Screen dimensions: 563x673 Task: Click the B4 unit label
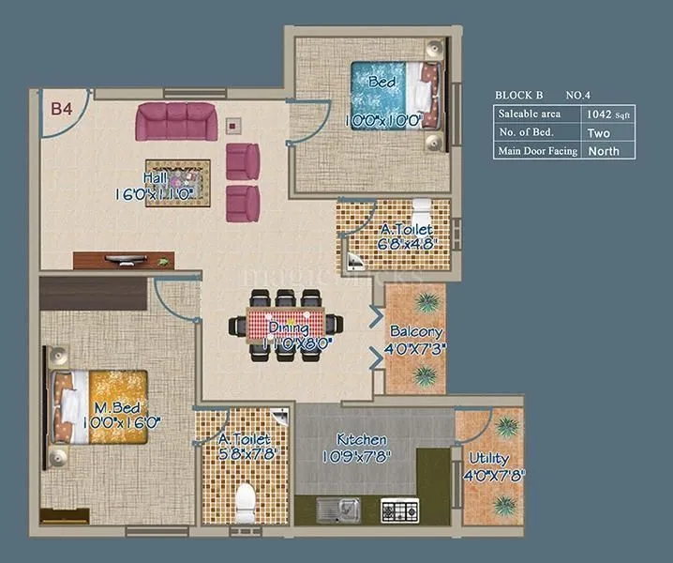(x=62, y=109)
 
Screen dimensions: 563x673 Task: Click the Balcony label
(x=417, y=332)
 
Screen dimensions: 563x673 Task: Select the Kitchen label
(x=362, y=440)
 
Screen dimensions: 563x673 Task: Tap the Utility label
(x=488, y=458)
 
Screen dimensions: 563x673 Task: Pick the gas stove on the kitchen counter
(x=401, y=510)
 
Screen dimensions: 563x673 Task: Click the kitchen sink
(x=338, y=510)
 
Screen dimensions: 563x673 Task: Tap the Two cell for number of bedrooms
(x=598, y=132)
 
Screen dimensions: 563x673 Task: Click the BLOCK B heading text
(x=518, y=95)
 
